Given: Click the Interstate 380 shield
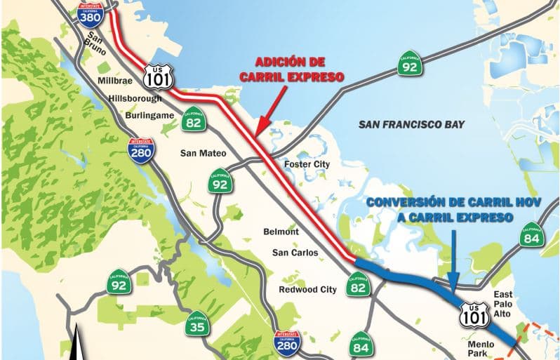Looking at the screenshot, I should [x=89, y=15].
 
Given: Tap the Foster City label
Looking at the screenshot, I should [x=306, y=164].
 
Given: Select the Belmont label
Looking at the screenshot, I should [x=281, y=232].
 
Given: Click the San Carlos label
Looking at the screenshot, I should [x=295, y=253].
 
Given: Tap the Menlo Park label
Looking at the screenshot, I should [x=481, y=349].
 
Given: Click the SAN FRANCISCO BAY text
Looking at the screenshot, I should [x=411, y=124].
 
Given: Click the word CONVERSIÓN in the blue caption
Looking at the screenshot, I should [x=407, y=204].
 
